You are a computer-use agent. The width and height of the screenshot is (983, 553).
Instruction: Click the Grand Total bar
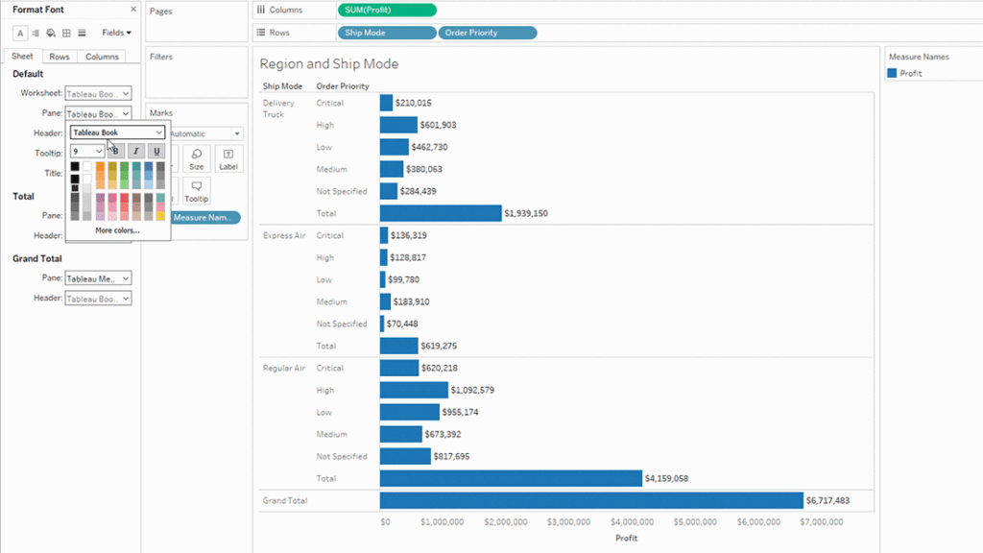[x=590, y=500]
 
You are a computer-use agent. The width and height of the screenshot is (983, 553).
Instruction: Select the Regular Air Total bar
[x=510, y=478]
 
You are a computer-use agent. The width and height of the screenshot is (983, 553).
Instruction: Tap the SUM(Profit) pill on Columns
[x=387, y=10]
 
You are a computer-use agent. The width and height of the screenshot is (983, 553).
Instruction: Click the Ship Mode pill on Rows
[x=387, y=33]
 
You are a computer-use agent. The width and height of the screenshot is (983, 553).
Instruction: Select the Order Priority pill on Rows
[x=487, y=33]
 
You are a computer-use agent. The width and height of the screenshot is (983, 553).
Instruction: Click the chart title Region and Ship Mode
[x=329, y=64]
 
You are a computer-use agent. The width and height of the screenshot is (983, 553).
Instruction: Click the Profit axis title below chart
[x=626, y=539]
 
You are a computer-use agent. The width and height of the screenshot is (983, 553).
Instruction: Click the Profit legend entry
[x=910, y=73]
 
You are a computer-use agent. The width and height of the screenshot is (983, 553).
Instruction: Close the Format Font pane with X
[x=133, y=9]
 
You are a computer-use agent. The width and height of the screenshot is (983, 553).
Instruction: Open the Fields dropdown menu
[x=116, y=33]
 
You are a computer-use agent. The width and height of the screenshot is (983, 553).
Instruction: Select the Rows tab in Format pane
[x=60, y=57]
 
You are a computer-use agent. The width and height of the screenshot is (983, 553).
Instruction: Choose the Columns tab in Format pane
[x=102, y=57]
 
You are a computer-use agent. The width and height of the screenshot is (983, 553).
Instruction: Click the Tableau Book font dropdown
[x=118, y=132]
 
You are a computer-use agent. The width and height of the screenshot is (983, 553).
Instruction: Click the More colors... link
[x=117, y=230]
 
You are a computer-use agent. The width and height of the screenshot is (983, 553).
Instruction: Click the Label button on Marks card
[x=228, y=158]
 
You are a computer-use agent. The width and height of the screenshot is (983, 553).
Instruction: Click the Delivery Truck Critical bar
[x=387, y=103]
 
